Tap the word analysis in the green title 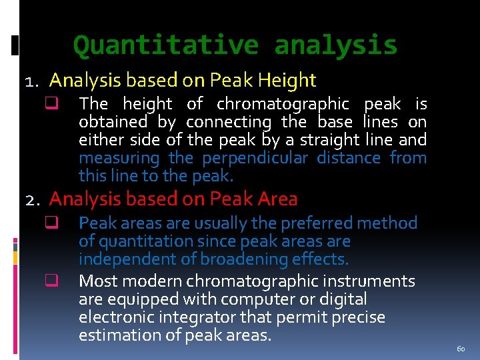click(x=335, y=45)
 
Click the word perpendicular click(x=254, y=159)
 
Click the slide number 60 click(x=461, y=349)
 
